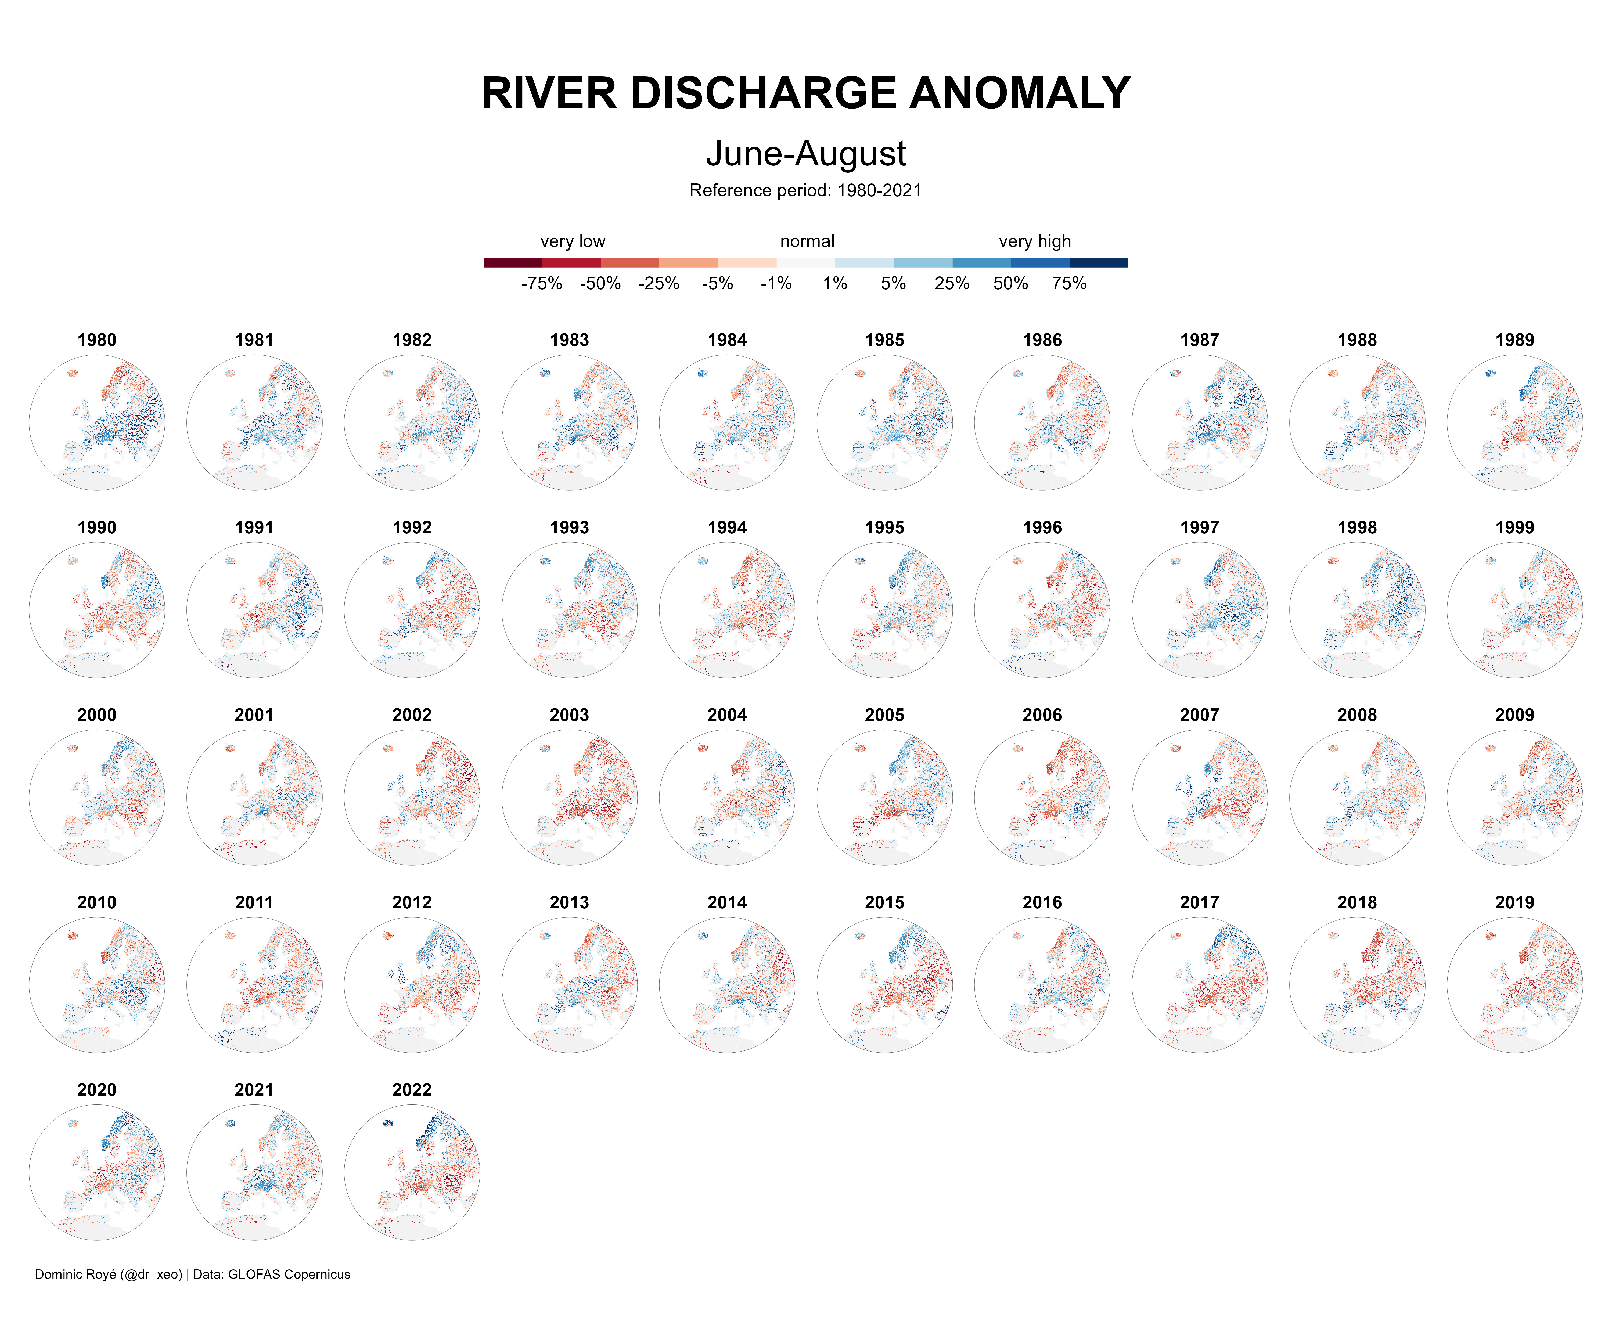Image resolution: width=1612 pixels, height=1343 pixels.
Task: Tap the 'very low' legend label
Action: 573,242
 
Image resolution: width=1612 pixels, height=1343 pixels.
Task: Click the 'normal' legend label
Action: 807,242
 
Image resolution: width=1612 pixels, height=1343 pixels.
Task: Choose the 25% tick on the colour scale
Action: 952,284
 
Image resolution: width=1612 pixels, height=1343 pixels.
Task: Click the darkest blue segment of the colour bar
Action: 1099,262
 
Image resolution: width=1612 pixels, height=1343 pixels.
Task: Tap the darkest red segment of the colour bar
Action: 513,262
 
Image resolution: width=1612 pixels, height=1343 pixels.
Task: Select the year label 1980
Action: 97,340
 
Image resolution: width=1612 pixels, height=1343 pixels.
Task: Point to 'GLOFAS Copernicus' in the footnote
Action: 289,1275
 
